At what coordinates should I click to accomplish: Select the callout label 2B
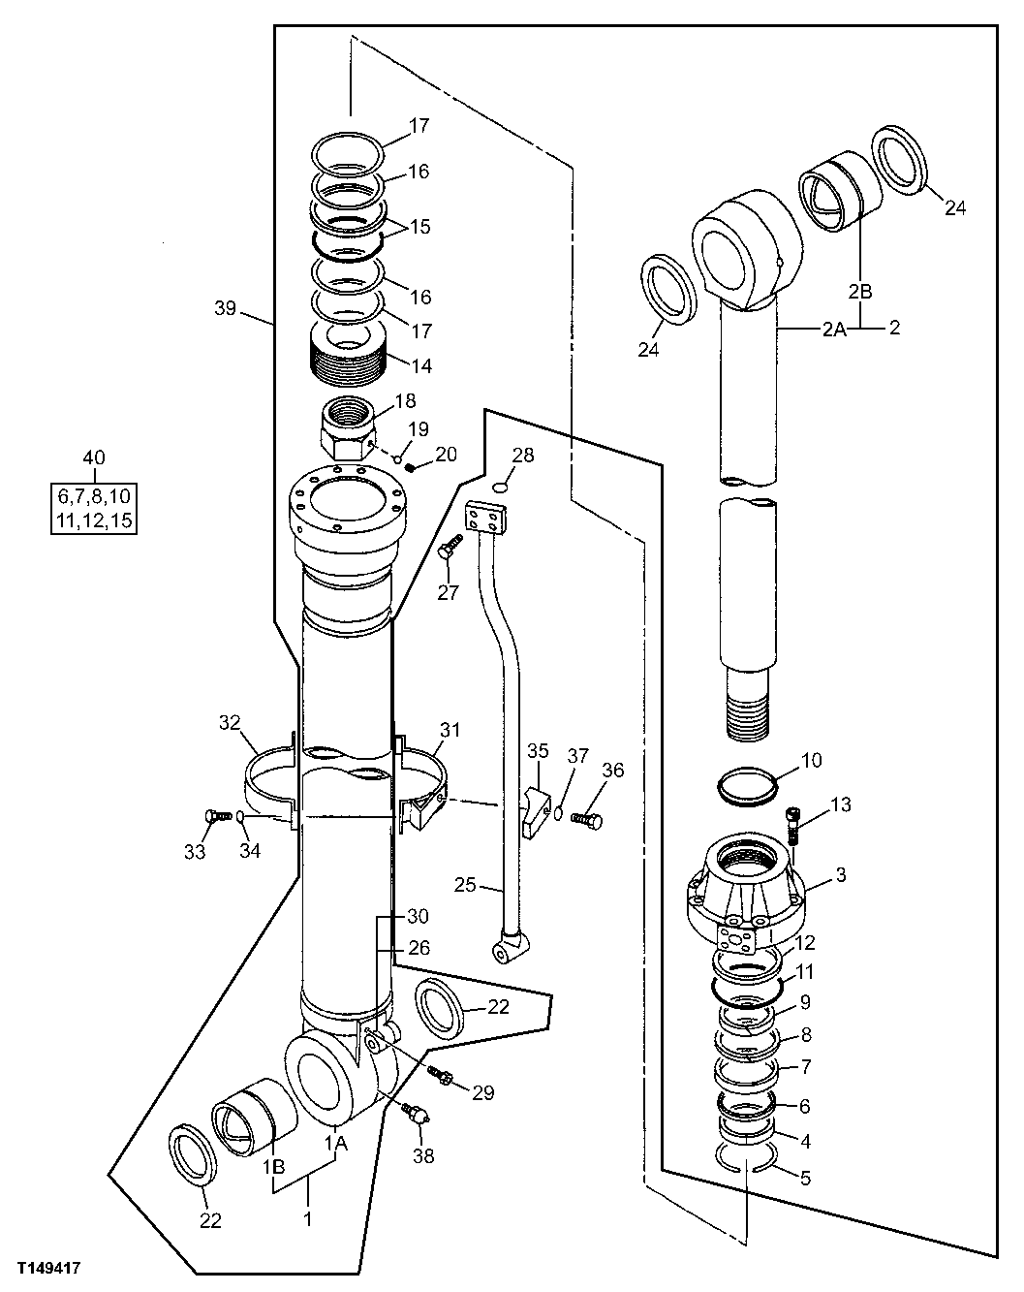point(861,290)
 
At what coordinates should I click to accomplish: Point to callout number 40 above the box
point(94,457)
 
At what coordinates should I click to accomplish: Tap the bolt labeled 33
point(212,818)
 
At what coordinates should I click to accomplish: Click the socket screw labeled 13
point(794,823)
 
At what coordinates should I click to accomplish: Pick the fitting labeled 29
point(443,1076)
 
